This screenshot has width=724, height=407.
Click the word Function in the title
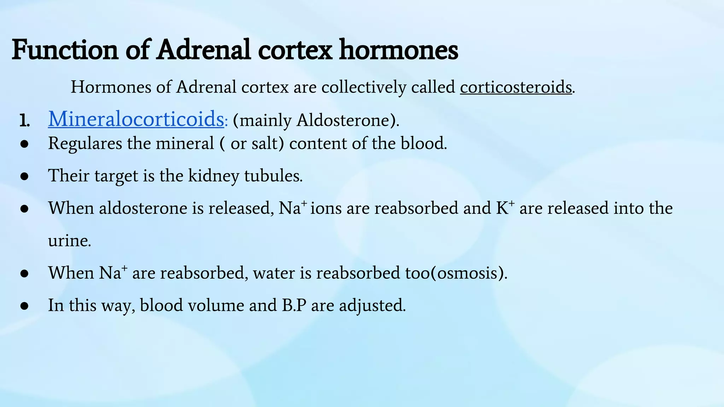[x=65, y=50]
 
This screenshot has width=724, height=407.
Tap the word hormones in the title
[x=398, y=50]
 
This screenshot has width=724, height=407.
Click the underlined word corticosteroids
[x=515, y=87]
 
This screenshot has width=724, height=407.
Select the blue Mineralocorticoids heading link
[x=136, y=119]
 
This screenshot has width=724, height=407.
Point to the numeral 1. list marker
[x=24, y=121]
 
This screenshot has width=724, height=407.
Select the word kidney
[x=214, y=176]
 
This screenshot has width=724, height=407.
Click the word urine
[x=70, y=241]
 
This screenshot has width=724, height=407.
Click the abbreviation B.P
[x=294, y=305]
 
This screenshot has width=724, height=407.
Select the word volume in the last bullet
[x=216, y=305]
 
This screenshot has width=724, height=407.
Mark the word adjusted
[x=372, y=305]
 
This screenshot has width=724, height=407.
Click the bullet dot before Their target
[x=24, y=176]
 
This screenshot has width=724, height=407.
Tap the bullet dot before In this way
[x=24, y=306]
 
